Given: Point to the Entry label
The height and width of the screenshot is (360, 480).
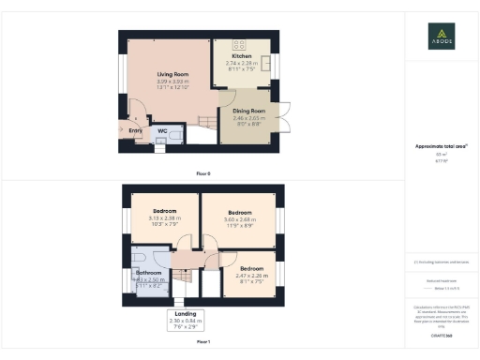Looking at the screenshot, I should [x=135, y=130].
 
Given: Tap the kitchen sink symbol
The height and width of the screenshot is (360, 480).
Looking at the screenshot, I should [x=263, y=64].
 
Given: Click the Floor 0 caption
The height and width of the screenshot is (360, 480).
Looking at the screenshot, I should [x=203, y=174].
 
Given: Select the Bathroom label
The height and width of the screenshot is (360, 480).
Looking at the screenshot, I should [x=148, y=273].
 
